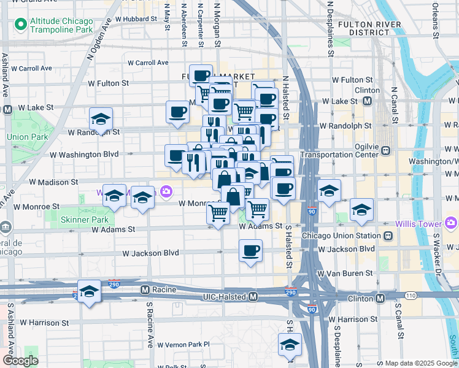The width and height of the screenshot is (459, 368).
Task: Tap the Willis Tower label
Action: pyautogui.click(x=421, y=222)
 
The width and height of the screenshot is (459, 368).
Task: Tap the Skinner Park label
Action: pyautogui.click(x=85, y=219)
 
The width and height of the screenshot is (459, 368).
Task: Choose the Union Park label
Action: pyautogui.click(x=22, y=136)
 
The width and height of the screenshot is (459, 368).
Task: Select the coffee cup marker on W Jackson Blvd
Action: pyautogui.click(x=250, y=251)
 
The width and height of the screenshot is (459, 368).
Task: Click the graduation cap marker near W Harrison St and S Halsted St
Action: pyautogui.click(x=290, y=344)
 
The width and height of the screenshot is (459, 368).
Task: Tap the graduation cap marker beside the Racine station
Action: pyautogui.click(x=90, y=291)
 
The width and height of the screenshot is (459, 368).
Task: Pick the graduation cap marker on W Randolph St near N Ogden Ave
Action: pyautogui.click(x=101, y=118)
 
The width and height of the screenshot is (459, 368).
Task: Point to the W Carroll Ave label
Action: pyautogui.click(x=148, y=63)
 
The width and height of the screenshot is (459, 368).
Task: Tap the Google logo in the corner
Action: pyautogui.click(x=20, y=361)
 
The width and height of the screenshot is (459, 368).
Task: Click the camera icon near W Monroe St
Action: pyautogui.click(x=166, y=192)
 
